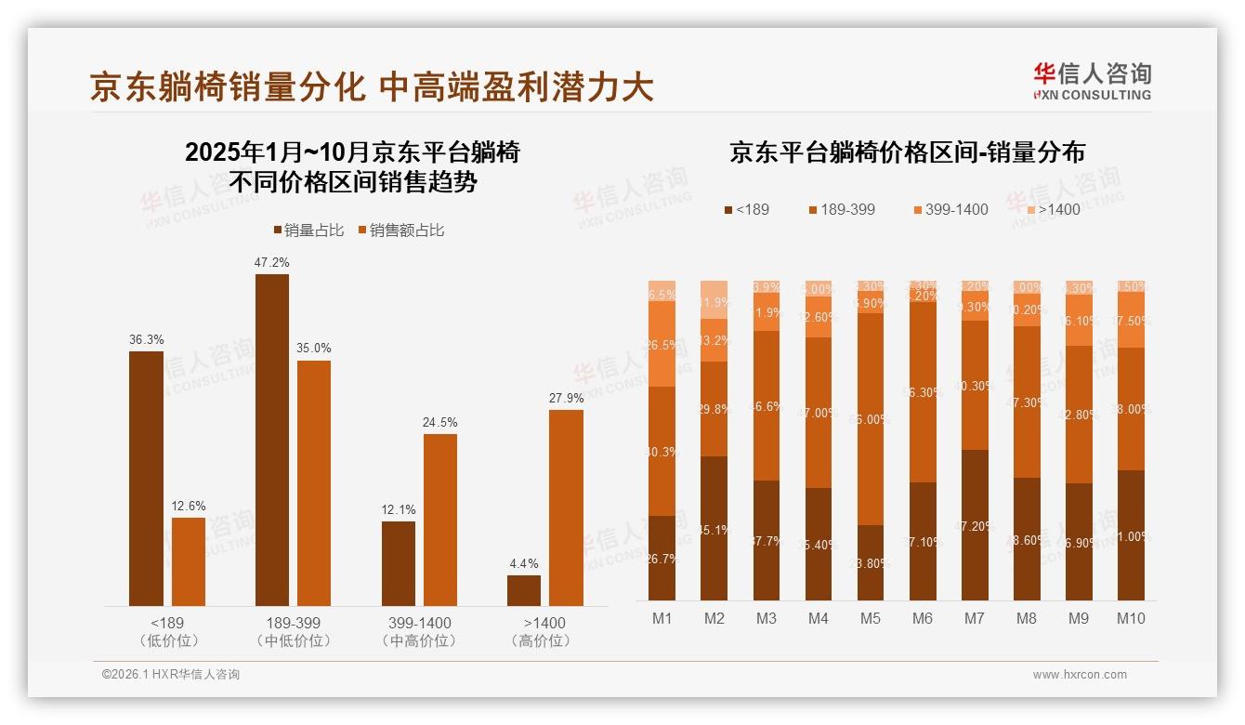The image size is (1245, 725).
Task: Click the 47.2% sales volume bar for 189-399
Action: click(271, 440)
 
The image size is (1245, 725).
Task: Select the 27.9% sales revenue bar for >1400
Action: click(566, 507)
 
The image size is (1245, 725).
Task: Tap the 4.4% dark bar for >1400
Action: click(524, 590)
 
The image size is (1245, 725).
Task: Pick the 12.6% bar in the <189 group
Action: click(189, 561)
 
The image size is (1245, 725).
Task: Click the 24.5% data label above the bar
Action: click(440, 423)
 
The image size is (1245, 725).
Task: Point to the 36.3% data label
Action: click(146, 340)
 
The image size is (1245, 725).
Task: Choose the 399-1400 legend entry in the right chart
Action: click(950, 210)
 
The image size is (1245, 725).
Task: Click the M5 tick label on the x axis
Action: click(871, 619)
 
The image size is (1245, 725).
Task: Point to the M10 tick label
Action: click(1131, 619)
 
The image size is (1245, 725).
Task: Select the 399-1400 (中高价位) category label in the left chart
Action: click(419, 631)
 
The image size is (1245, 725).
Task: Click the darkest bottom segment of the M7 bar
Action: click(975, 525)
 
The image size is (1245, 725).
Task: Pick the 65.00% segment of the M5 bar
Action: click(871, 419)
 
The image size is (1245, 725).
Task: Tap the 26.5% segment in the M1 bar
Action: click(662, 344)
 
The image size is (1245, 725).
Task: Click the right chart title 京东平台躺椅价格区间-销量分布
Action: click(907, 152)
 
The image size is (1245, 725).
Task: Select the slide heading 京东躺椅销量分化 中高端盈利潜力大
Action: click(372, 87)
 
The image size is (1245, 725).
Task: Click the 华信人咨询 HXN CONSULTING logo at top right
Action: click(1092, 82)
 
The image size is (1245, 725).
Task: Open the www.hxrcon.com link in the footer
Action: click(1080, 675)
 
